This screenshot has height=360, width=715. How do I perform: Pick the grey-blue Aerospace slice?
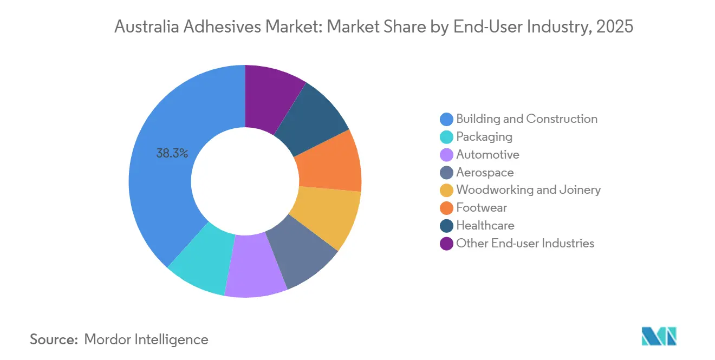[304, 252]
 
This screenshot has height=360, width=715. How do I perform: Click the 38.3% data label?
[172, 154]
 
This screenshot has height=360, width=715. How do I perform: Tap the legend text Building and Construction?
[526, 119]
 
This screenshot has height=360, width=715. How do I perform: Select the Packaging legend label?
[484, 137]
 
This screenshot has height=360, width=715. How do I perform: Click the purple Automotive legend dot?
[447, 155]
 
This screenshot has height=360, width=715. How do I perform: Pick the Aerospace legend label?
[485, 173]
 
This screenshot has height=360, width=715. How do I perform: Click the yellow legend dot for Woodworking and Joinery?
[447, 190]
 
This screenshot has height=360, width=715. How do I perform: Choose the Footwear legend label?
[482, 208]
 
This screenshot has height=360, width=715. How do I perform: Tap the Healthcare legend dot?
[447, 226]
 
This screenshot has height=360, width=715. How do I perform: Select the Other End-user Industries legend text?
[525, 244]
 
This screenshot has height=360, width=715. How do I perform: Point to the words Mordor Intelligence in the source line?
[146, 339]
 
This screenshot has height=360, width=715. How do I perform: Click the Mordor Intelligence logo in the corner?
[659, 336]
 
